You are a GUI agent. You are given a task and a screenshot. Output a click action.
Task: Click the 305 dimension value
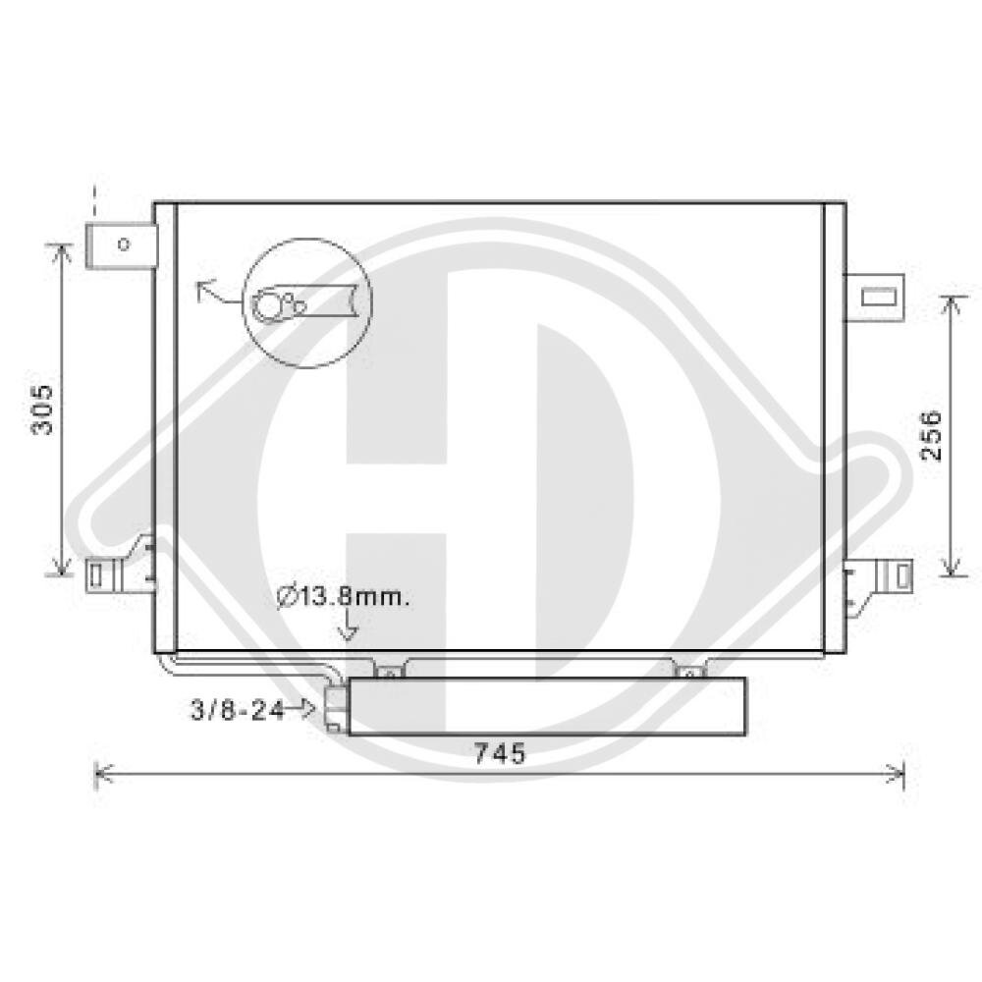[x=43, y=409]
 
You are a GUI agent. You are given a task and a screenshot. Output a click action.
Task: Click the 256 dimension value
[x=931, y=435]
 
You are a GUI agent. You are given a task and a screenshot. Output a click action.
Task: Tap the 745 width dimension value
[x=500, y=753]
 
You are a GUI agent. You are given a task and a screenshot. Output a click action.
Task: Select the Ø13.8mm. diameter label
[x=343, y=597]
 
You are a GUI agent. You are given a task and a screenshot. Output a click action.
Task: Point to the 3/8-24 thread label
[x=238, y=710]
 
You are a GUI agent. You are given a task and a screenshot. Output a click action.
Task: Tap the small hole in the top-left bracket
[x=124, y=244]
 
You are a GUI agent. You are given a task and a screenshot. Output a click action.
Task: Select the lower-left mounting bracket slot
[x=95, y=575]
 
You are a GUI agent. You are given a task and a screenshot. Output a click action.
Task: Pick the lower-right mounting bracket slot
[x=901, y=575]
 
